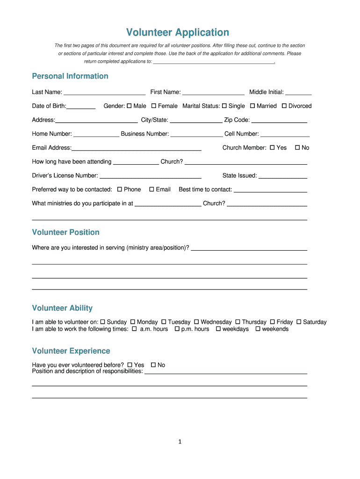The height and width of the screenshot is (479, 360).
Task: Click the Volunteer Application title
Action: [178, 32]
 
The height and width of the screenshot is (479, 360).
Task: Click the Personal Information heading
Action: [70, 76]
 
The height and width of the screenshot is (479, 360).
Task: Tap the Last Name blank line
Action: [104, 93]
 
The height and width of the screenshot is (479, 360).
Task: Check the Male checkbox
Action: [130, 106]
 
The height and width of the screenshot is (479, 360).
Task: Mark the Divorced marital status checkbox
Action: [284, 106]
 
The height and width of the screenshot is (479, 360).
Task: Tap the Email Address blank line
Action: [136, 148]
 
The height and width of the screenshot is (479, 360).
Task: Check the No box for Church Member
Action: [297, 148]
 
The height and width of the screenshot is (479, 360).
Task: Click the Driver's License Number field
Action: [151, 176]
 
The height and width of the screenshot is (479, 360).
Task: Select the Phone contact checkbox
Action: [120, 189]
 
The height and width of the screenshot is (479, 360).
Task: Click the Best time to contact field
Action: [270, 190]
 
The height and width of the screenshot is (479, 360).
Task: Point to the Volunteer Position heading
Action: [65, 232]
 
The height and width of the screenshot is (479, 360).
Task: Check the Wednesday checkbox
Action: [197, 322]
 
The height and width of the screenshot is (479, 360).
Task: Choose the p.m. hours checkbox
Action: [177, 329]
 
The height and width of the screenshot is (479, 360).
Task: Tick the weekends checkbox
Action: [258, 329]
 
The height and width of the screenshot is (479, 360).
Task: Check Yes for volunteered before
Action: [130, 365]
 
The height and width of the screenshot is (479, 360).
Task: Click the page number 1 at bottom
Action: [180, 442]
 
